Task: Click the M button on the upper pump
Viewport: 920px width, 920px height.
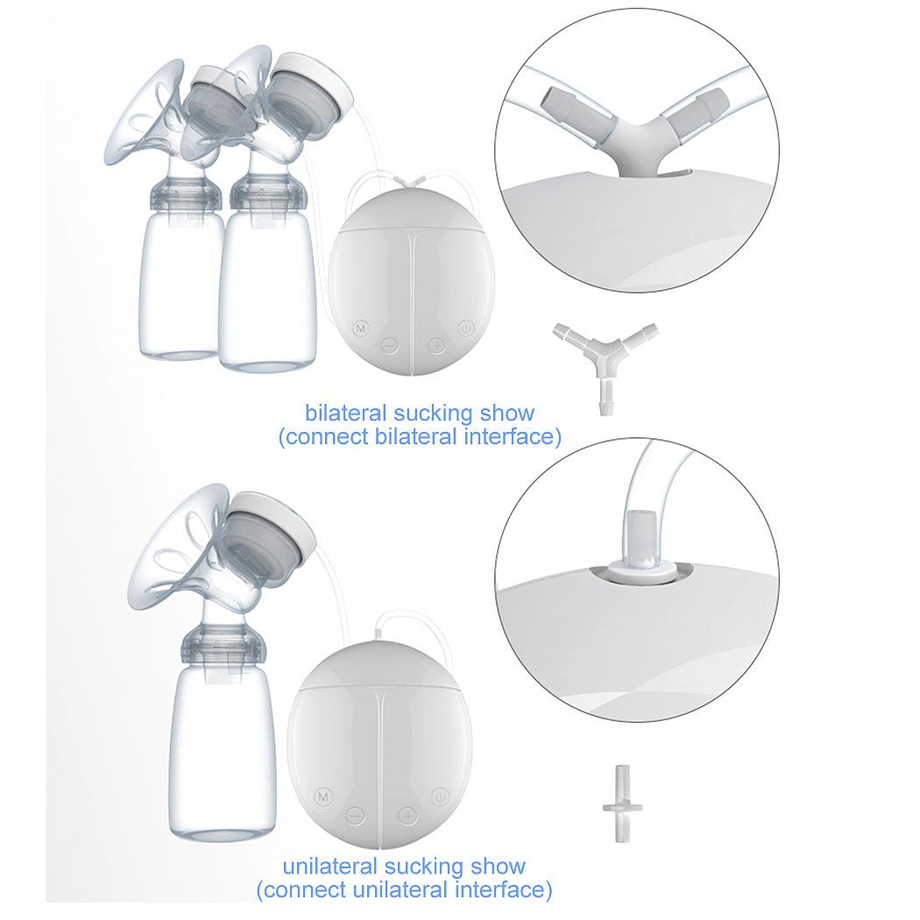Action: tap(359, 329)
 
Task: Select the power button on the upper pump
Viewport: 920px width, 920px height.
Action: tap(465, 329)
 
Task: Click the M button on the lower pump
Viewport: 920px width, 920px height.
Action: tap(323, 796)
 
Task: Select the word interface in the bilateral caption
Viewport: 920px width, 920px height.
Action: tap(514, 436)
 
